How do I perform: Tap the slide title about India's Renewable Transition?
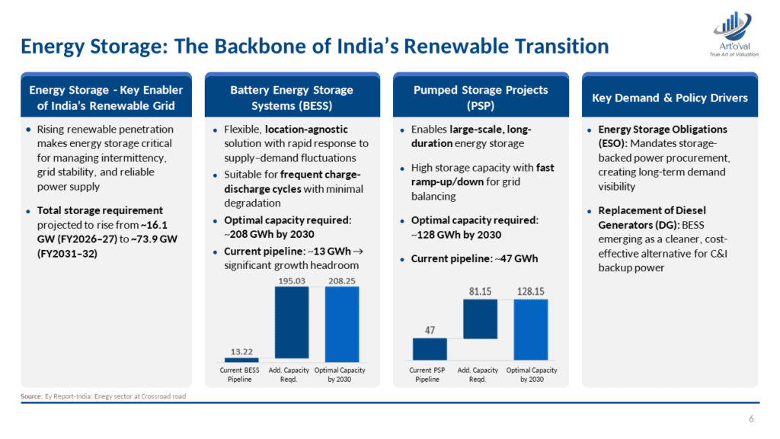315,47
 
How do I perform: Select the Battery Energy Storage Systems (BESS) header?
292,97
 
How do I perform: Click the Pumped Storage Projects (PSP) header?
480,97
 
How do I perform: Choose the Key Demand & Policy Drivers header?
670,98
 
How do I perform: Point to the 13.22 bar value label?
241,351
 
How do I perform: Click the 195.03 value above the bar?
291,280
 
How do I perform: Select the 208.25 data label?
340,280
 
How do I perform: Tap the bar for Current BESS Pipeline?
241,360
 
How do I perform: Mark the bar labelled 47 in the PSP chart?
430,349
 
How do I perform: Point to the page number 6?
751,418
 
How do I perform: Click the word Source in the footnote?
31,396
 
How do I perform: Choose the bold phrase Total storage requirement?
100,210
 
